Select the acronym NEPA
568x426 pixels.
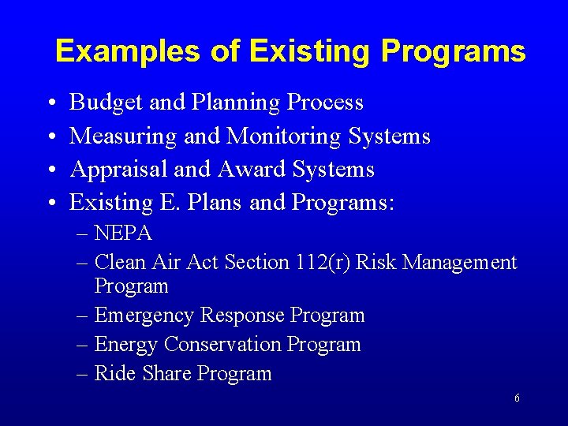pos(123,234)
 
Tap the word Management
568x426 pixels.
pos(460,262)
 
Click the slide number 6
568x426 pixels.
pos(517,398)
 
